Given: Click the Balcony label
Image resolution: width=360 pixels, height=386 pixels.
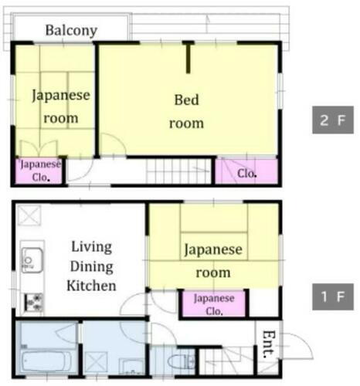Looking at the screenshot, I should [71, 31].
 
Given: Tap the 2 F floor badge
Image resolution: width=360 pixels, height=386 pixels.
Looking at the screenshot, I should [333, 121].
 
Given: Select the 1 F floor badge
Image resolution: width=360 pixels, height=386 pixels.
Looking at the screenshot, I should [333, 296].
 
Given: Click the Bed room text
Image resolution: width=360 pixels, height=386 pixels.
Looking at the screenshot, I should [187, 111].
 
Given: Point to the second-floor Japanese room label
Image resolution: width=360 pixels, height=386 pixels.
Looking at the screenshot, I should [60, 107].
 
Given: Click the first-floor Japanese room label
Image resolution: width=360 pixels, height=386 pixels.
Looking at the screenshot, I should [212, 261].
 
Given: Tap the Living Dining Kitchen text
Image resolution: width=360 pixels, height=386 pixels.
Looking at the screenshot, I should [91, 266].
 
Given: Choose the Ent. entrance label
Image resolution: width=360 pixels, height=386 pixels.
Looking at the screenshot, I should [268, 344].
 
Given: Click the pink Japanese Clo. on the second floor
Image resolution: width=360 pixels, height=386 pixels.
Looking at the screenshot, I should [40, 171].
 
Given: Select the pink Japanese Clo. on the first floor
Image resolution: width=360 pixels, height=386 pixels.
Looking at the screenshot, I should [213, 303].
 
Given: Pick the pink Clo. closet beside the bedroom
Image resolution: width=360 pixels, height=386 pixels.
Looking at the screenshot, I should [246, 172].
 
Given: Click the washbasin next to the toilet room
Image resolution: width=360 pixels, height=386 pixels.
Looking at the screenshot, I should [133, 364].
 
